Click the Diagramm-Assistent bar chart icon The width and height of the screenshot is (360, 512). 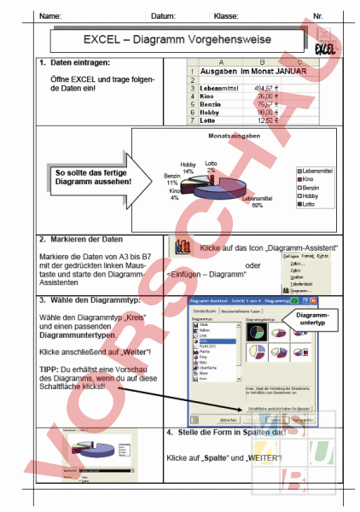tap(181, 247)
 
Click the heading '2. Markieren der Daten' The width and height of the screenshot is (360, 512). tap(80, 241)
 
